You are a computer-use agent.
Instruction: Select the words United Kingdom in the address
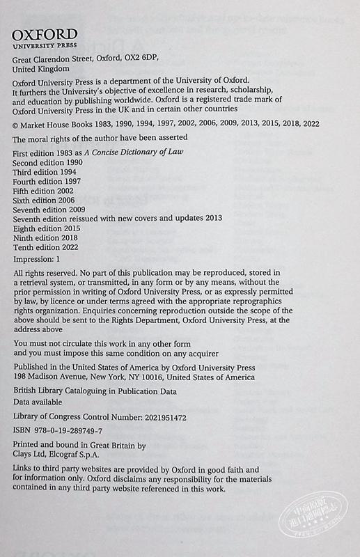click(41, 70)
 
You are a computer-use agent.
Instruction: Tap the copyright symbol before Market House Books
click(17, 123)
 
